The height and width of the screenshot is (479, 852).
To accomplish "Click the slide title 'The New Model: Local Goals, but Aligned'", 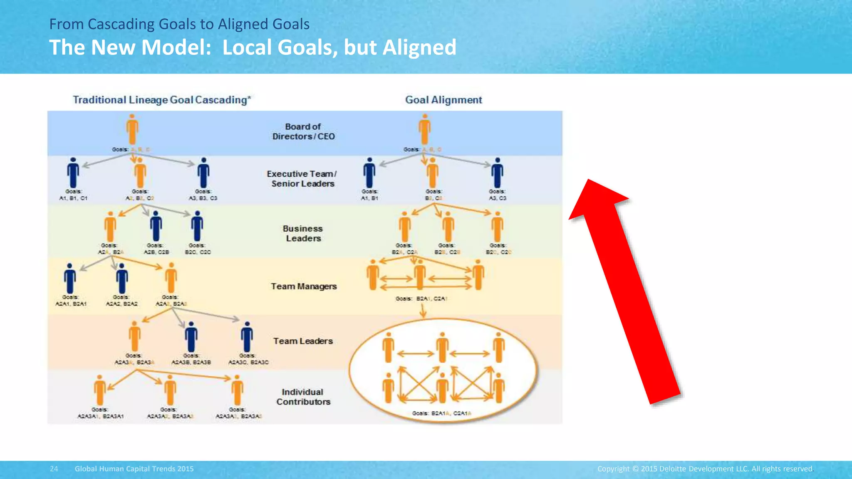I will (253, 47).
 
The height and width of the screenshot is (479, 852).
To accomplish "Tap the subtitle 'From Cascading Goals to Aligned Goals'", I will (179, 24).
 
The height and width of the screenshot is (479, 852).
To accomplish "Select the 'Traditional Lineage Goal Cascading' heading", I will (162, 100).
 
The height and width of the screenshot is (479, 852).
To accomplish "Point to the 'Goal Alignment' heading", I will (443, 100).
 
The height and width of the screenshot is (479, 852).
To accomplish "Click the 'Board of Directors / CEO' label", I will (303, 131).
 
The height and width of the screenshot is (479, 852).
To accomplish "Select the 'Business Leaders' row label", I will (303, 233).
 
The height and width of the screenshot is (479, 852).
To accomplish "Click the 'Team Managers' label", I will (304, 286).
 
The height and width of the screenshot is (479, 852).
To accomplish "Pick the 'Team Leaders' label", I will (303, 341).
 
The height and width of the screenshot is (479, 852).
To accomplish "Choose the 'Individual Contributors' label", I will (303, 397).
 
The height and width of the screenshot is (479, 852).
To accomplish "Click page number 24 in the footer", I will (54, 469).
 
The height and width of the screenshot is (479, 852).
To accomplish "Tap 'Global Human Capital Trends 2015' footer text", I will (134, 469).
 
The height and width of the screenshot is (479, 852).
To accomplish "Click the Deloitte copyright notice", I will (705, 469).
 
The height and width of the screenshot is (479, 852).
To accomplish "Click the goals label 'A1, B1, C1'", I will (73, 198).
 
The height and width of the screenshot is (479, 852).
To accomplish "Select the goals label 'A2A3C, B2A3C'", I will (248, 362).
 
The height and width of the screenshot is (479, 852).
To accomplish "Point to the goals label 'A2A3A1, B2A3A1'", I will (100, 416).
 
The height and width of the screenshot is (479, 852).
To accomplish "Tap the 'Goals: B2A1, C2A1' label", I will (421, 299).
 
